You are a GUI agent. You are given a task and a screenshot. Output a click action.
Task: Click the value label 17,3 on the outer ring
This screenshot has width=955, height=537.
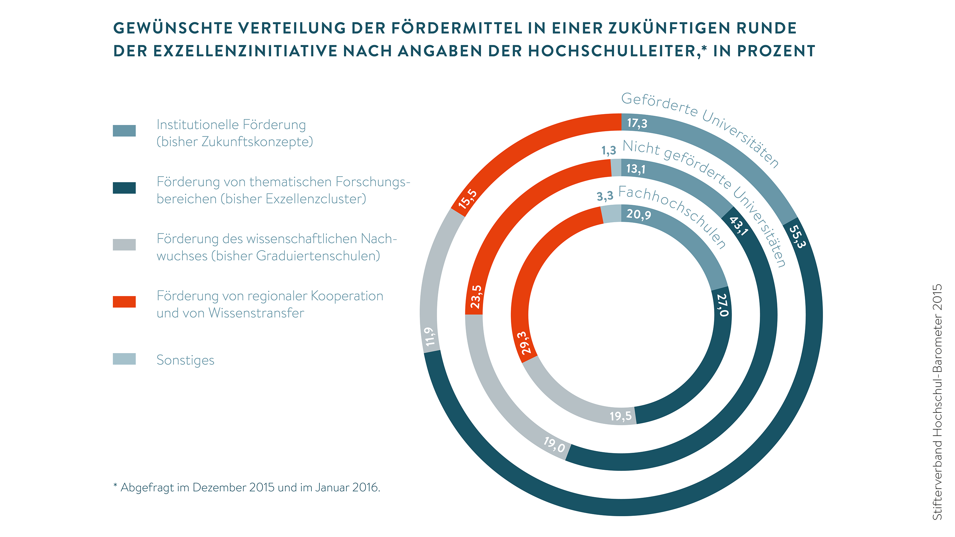click(637, 123)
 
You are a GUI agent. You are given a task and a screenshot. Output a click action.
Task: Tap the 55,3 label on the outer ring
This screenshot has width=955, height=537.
click(797, 237)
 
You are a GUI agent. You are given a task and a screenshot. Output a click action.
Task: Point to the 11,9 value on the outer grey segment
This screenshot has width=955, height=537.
click(430, 337)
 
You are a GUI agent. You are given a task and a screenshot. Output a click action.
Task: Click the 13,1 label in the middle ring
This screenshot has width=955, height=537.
click(636, 169)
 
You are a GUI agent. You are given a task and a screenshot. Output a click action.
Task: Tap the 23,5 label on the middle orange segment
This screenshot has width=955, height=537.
click(476, 297)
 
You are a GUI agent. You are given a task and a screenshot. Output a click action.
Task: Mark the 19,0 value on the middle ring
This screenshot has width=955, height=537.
click(554, 444)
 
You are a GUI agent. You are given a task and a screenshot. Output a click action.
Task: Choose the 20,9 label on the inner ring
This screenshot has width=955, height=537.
click(638, 214)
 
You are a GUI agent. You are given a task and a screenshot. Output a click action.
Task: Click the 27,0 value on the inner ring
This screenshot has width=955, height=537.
click(723, 305)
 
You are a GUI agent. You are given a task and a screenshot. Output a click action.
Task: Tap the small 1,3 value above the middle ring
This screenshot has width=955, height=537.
click(608, 151)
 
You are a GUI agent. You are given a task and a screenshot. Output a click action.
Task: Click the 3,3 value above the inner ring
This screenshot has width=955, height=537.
click(605, 196)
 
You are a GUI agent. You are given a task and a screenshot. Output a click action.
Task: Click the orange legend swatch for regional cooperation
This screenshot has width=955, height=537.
click(124, 302)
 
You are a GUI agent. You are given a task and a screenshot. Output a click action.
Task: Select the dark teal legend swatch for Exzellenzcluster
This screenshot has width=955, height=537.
click(124, 188)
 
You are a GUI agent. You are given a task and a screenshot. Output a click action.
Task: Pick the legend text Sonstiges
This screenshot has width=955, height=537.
click(185, 360)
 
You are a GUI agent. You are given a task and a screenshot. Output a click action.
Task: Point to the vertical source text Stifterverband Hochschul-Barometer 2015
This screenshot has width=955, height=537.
click(937, 402)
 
